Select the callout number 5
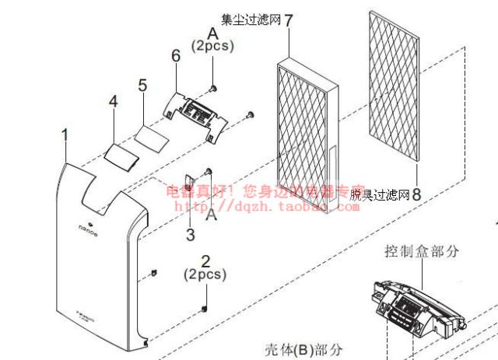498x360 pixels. [142, 86]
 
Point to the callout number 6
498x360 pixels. [176, 57]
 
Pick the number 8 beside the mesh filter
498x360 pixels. [416, 194]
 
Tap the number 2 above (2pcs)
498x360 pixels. [205, 261]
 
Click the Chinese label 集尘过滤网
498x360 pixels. [251, 19]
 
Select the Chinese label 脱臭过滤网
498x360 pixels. [379, 194]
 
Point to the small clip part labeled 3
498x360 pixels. [189, 187]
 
